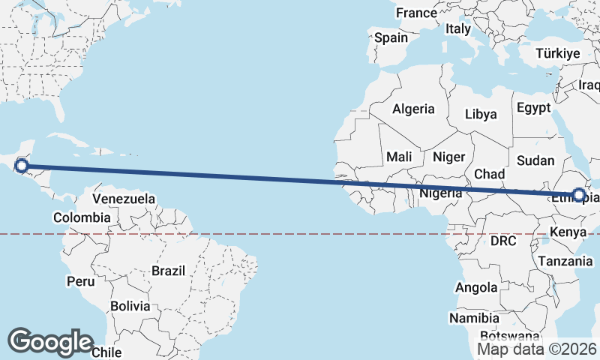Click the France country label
pyautogui.click(x=416, y=13)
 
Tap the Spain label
pyautogui.click(x=391, y=37)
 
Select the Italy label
pyautogui.click(x=457, y=28)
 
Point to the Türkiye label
pyautogui.click(x=559, y=53)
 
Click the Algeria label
pyautogui.click(x=413, y=109)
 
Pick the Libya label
pyautogui.click(x=481, y=115)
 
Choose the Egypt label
pyautogui.click(x=533, y=108)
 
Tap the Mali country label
pyautogui.click(x=399, y=157)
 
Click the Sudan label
pyautogui.click(x=536, y=160)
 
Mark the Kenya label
pyautogui.click(x=568, y=232)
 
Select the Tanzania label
pyautogui.click(x=565, y=261)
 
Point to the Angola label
pyautogui.click(x=476, y=287)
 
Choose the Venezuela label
pyautogui.click(x=124, y=199)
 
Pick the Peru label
pyautogui.click(x=81, y=281)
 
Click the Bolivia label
pyautogui.click(x=130, y=306)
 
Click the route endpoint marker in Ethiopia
pyautogui.click(x=578, y=195)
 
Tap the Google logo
pyautogui.click(x=50, y=341)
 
